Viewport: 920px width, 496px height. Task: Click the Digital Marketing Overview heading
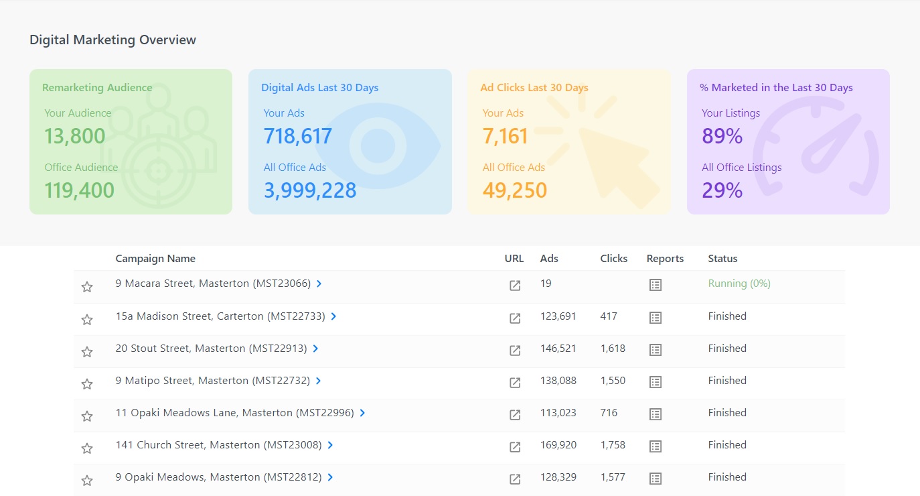[x=112, y=40]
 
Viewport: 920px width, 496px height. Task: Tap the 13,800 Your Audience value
[x=75, y=136]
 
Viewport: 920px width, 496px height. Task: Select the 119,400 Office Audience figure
[x=80, y=190]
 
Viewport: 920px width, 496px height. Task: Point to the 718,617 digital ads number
[x=298, y=136]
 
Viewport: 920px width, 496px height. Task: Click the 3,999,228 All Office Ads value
[x=310, y=190]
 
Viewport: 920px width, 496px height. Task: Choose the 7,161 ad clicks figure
[x=506, y=136]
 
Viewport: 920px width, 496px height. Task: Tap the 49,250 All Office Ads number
[x=515, y=190]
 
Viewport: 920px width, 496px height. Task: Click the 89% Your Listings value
[x=722, y=136]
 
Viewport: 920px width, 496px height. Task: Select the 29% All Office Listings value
[x=722, y=190]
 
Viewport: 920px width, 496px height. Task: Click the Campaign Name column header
[x=155, y=259]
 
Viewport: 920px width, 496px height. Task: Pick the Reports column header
[x=665, y=259]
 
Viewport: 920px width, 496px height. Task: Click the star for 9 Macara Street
[x=87, y=287]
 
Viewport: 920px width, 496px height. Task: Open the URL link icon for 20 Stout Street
[x=515, y=350]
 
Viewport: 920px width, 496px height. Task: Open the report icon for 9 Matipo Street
[x=656, y=382]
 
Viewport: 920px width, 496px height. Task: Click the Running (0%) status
[x=739, y=284]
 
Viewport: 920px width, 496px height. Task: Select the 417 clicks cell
[x=609, y=316]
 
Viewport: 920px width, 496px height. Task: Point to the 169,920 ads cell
[x=558, y=445]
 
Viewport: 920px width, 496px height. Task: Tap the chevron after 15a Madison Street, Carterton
[x=333, y=316]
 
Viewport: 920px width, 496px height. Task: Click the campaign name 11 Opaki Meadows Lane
[x=234, y=413]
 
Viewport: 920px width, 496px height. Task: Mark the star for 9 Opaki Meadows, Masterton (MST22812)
[x=87, y=480]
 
